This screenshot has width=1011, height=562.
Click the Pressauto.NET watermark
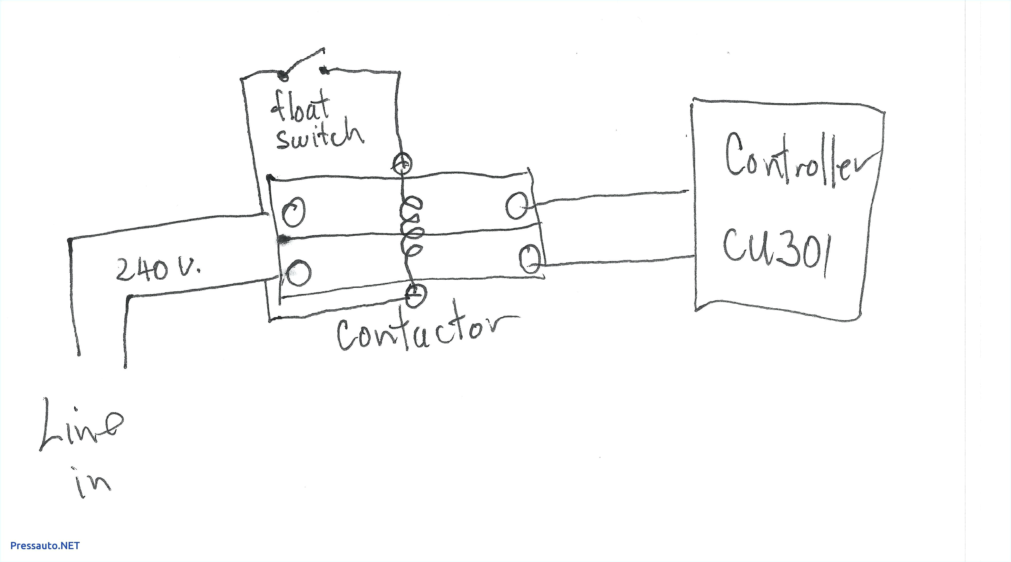45,546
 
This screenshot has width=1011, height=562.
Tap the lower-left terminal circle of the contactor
299,273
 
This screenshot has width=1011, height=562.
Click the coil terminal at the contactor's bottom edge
415,295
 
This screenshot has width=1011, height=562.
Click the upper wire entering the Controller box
612,198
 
